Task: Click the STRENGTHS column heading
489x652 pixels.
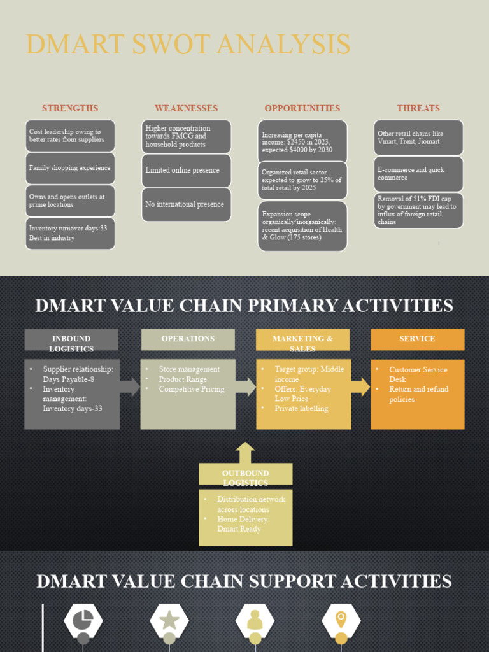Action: (70, 108)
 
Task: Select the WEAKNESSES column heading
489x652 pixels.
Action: (186, 108)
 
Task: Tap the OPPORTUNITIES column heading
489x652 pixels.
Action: (302, 108)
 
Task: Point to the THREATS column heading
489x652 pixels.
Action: (418, 108)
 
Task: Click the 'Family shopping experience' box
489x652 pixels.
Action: (70, 168)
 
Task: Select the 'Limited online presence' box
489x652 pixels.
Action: (186, 171)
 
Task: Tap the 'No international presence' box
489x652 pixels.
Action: (186, 204)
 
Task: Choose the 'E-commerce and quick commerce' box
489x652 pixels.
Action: (418, 174)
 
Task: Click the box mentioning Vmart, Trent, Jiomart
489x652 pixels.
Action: (418, 138)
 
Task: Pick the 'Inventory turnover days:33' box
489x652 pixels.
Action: (70, 234)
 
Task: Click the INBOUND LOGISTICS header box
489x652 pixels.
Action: (71, 340)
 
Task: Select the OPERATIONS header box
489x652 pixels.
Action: (188, 339)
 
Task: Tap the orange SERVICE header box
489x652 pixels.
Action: (418, 339)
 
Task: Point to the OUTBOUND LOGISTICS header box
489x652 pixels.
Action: (246, 474)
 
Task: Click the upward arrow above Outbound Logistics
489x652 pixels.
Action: (245, 453)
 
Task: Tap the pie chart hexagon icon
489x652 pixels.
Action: (83, 620)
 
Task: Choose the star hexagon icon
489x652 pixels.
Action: (169, 620)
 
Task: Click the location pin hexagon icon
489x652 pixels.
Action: (341, 620)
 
